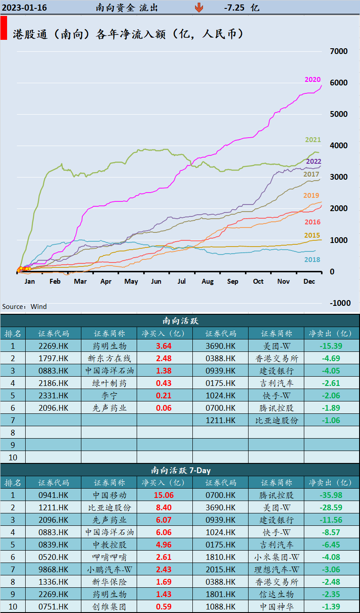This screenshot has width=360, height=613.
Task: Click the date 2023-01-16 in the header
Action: click(x=24, y=8)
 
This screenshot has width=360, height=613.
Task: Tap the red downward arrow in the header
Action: click(x=199, y=8)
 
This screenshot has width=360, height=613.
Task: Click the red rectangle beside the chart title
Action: click(x=4, y=29)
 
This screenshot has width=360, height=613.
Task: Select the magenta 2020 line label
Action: click(x=312, y=80)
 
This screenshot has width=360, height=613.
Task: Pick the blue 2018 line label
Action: click(x=312, y=260)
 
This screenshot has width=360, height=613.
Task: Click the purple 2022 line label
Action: click(x=314, y=162)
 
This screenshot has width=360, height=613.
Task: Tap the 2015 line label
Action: click(x=312, y=235)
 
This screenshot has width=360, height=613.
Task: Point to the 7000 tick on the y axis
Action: click(x=339, y=51)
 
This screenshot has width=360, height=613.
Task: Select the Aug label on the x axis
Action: click(x=207, y=281)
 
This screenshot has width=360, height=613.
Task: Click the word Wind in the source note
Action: click(x=39, y=307)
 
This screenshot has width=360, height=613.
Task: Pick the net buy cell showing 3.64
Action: click(x=164, y=346)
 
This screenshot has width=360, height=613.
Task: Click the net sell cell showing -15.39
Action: click(x=331, y=346)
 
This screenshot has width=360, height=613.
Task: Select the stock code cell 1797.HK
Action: click(x=54, y=358)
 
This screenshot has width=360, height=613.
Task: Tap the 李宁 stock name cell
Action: click(x=109, y=395)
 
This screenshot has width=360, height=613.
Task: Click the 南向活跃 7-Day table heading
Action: click(x=180, y=470)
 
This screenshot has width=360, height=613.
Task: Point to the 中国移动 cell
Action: click(x=109, y=495)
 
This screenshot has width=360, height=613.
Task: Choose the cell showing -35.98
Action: click(x=331, y=495)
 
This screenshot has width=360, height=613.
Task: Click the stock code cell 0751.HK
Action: click(x=54, y=606)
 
